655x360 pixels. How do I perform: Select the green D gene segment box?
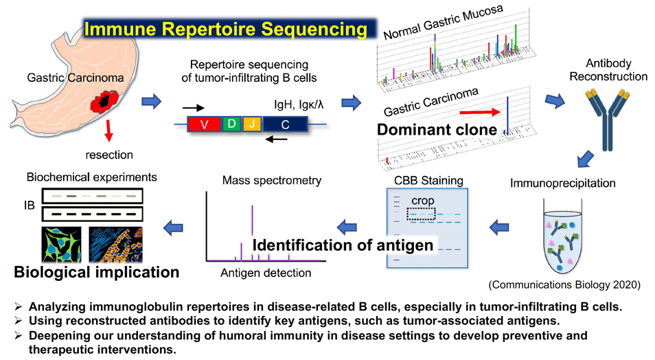coord(232,124)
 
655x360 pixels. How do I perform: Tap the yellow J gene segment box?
coord(251,124)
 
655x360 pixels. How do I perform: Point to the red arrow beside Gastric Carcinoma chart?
coord(478,109)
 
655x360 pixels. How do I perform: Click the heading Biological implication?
coord(97,272)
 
